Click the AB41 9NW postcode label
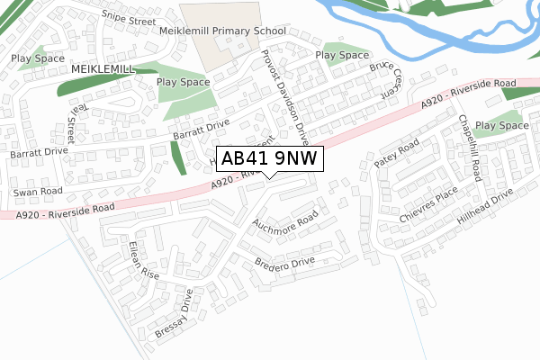[268, 158]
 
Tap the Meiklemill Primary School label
[222, 31]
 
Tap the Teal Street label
[71, 122]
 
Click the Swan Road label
[38, 193]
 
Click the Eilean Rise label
[142, 260]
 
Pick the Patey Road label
[397, 153]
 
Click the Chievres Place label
[429, 208]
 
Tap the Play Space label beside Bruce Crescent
[342, 55]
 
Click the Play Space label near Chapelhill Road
[502, 125]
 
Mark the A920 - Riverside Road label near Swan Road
[67, 211]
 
